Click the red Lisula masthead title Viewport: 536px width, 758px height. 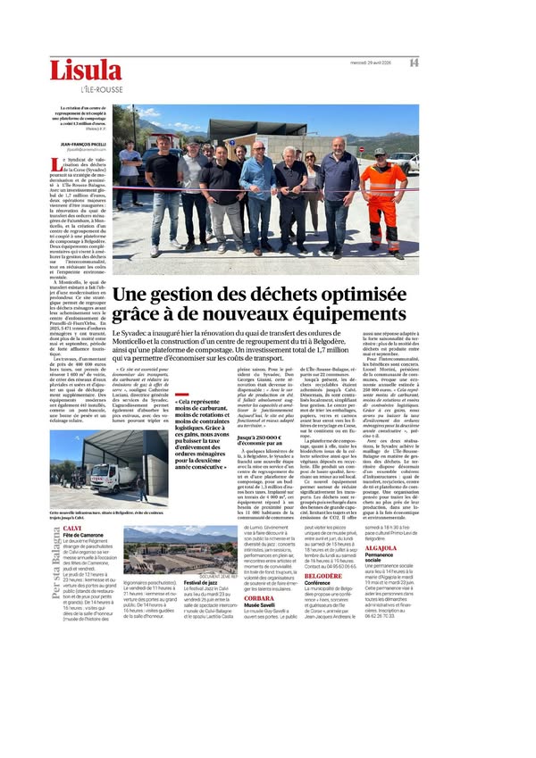coord(85,71)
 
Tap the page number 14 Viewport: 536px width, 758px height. coord(414,62)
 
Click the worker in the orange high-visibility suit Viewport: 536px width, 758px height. coord(381,192)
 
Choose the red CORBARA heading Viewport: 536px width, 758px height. coord(258,647)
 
